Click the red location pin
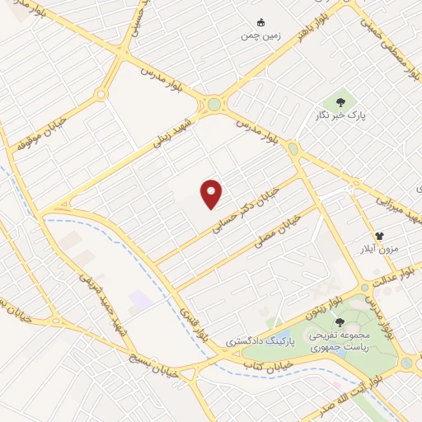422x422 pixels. [213, 195]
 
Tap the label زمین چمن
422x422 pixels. [261, 36]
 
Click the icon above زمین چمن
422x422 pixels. [262, 21]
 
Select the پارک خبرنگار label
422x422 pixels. [340, 117]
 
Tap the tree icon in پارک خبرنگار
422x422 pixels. [340, 102]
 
